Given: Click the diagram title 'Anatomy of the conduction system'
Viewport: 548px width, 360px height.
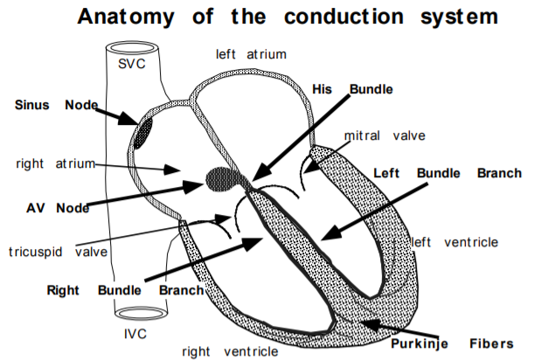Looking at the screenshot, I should tap(288, 16).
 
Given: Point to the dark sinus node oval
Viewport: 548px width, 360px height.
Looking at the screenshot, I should tap(142, 129).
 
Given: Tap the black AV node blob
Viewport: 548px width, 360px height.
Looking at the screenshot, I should tap(223, 180).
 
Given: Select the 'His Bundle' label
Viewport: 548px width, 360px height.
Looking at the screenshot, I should tap(352, 89).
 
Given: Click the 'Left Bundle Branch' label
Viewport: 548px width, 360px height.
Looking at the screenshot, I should tap(447, 173).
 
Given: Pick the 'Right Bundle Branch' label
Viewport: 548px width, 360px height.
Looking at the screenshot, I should tap(126, 290).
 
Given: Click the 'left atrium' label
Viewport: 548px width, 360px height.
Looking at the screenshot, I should tap(251, 54).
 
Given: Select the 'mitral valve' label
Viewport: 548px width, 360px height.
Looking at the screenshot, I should tap(384, 135).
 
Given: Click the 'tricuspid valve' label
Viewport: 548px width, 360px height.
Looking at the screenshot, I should tap(58, 252).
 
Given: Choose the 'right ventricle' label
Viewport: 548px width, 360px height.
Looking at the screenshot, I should tap(230, 350).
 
